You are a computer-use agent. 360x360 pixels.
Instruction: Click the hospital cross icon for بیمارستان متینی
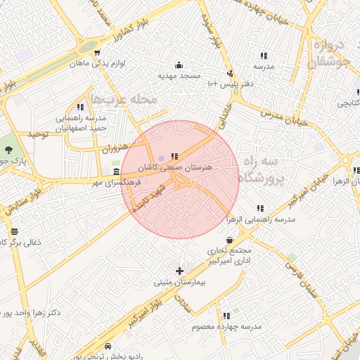click(x=179, y=271)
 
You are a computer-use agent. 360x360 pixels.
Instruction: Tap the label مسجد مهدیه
click(x=179, y=75)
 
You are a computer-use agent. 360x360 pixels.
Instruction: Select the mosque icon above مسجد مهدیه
click(x=179, y=65)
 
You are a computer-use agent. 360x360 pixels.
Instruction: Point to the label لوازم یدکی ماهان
click(x=97, y=63)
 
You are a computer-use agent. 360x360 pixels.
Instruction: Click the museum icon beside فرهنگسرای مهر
click(x=117, y=172)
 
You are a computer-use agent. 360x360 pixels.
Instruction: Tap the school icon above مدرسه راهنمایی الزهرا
click(x=261, y=208)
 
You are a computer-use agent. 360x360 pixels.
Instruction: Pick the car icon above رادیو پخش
click(x=108, y=346)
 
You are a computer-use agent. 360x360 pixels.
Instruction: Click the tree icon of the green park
click(x=8, y=150)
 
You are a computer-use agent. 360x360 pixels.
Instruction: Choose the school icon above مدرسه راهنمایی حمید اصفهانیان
click(x=81, y=107)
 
